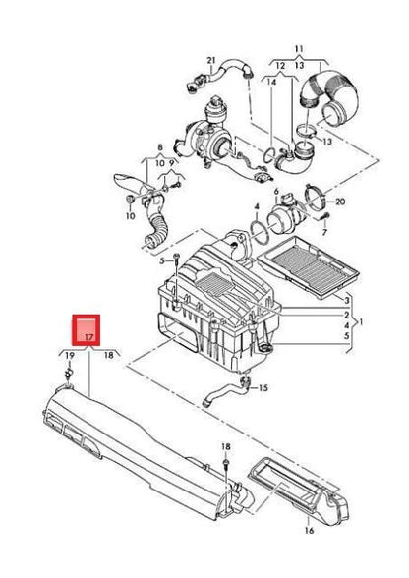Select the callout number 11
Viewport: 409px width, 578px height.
click(300, 46)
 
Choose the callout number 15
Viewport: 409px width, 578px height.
click(263, 389)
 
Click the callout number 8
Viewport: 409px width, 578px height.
click(157, 147)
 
